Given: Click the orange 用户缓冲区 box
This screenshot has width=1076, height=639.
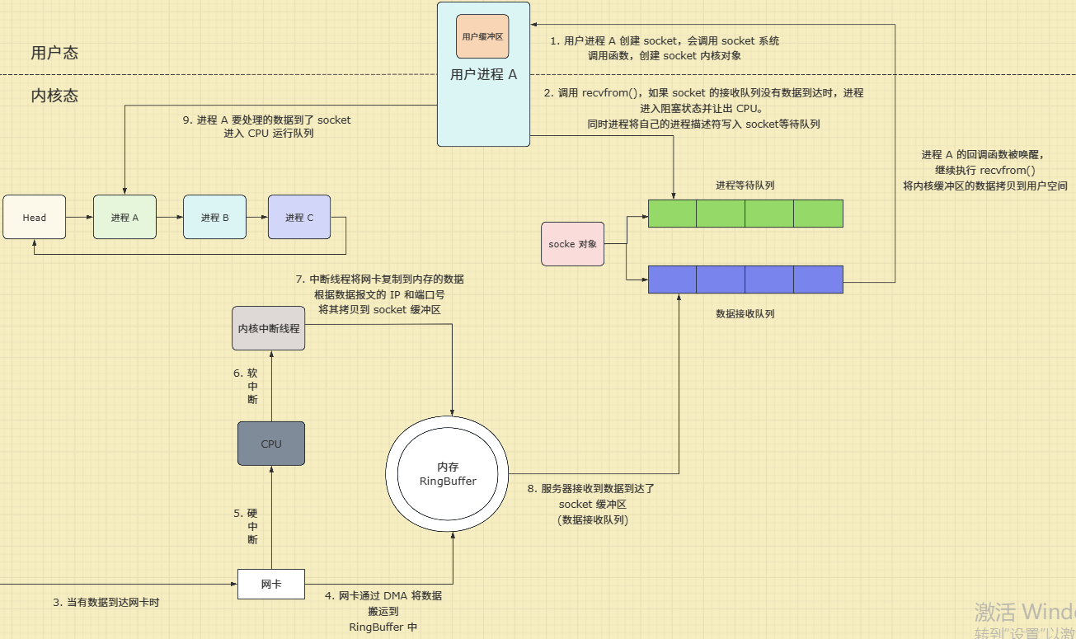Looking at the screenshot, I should [x=482, y=36].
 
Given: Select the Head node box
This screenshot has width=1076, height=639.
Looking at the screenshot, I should [x=35, y=218].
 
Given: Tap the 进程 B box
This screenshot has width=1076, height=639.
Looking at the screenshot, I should [x=214, y=218].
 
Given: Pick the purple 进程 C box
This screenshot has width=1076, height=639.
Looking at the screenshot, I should [x=299, y=218].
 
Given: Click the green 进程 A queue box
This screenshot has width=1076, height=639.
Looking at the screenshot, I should [x=125, y=218].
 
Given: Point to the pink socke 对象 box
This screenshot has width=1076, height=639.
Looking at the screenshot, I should [x=572, y=244].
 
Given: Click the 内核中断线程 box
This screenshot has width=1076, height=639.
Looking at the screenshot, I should [x=269, y=328].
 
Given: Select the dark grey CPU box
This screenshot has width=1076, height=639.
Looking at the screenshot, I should [x=271, y=444].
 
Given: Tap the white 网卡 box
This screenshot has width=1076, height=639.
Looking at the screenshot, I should [x=271, y=584].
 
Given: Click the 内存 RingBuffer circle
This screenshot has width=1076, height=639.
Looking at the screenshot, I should [x=448, y=475].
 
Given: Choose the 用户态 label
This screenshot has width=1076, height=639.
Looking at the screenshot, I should [x=54, y=53].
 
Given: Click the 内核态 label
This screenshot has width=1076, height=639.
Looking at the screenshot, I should [x=54, y=96].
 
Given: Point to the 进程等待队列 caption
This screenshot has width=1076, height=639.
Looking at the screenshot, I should [x=745, y=186].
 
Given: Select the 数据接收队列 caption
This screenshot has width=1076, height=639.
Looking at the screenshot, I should [x=745, y=314].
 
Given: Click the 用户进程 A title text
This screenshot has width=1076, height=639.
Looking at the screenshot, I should [x=483, y=75].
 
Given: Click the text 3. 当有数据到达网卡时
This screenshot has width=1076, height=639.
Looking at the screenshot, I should [x=106, y=603].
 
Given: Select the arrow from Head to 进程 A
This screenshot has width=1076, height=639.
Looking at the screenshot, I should [x=80, y=218].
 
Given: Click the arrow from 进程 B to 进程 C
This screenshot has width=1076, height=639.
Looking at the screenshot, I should [x=256, y=218].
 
